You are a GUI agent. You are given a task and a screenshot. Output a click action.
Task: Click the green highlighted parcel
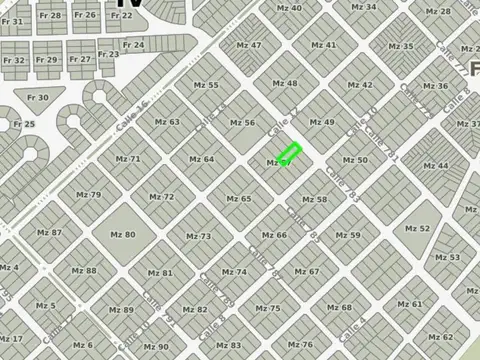[289, 155]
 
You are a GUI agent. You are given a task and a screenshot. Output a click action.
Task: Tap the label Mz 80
[123, 234]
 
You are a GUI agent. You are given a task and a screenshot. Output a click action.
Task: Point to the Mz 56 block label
[242, 122]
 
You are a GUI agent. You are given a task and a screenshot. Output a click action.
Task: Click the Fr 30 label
[37, 97]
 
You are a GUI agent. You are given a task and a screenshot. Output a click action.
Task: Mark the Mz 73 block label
[198, 236]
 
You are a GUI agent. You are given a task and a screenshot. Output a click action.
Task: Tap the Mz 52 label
[418, 228]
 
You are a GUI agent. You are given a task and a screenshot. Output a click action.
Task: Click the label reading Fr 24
[133, 45]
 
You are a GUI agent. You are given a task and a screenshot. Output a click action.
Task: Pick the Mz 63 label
[168, 122]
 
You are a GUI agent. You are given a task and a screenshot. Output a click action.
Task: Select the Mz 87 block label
[50, 232]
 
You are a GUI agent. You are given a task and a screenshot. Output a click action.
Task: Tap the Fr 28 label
[49, 15]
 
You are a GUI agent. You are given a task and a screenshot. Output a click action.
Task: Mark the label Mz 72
[162, 197]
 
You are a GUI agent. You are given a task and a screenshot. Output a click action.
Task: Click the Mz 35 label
[401, 46]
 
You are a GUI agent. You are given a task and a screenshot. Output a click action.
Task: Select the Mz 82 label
[195, 309]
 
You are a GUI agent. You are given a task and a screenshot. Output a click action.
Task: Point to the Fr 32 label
[13, 60]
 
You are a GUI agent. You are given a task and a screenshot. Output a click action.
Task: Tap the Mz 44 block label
[436, 165]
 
